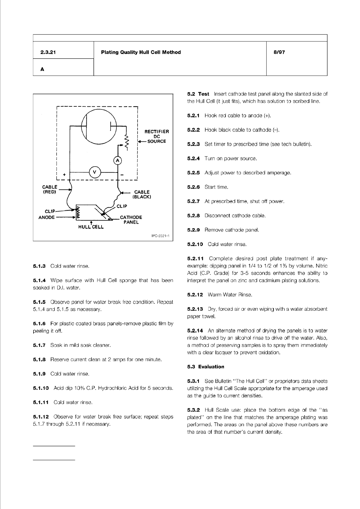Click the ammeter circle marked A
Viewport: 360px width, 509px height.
coord(118,160)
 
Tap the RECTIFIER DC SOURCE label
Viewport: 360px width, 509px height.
coord(157,136)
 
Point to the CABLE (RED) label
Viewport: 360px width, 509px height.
coord(50,189)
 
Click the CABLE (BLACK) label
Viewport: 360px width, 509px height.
coord(142,194)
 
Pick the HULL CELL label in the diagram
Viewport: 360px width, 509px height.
coord(91,227)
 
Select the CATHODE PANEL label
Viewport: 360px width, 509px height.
coord(131,220)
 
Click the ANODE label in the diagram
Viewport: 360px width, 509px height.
coord(47,217)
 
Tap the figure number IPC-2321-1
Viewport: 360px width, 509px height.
coord(160,236)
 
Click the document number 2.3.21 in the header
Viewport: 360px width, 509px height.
coord(48,52)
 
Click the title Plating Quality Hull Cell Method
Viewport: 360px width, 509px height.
coord(141,52)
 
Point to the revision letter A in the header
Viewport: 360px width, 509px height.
coord(42,69)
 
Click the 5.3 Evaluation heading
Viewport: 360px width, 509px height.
coord(206,367)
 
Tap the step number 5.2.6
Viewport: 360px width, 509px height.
coord(193,187)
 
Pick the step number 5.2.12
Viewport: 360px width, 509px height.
coord(195,294)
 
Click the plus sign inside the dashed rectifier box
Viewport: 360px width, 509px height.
coord(64,175)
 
